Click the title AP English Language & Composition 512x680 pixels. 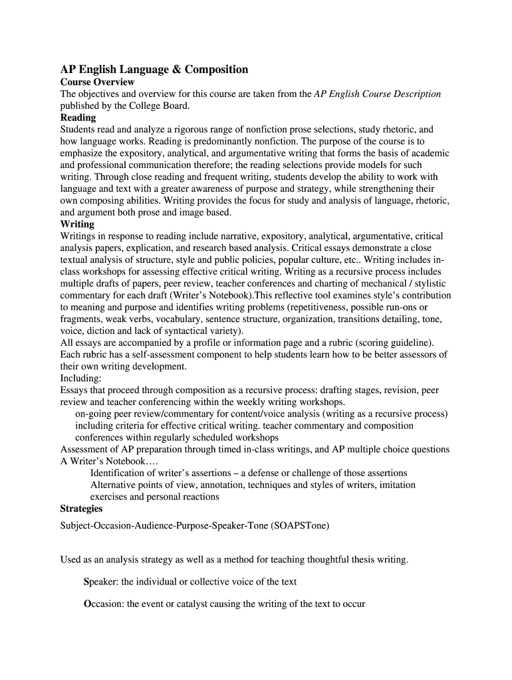click(154, 70)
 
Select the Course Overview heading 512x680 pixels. click(97, 82)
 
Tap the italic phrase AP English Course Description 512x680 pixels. click(378, 94)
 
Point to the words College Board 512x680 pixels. click(162, 106)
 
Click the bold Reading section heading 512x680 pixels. click(78, 118)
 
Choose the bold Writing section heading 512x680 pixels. click(77, 224)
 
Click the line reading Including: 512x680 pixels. click(80, 378)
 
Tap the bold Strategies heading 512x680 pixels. click(81, 509)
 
